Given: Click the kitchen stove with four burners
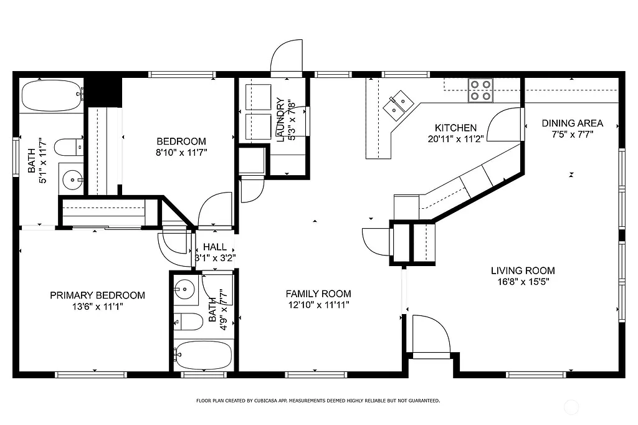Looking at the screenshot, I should (x=480, y=90).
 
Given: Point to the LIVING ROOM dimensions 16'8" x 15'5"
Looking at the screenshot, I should (x=523, y=282).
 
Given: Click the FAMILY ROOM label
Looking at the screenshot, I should (x=318, y=294).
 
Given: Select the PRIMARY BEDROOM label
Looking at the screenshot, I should (x=97, y=295).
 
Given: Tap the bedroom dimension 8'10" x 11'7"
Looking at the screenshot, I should (x=181, y=152).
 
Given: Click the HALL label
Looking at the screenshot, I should (x=214, y=247).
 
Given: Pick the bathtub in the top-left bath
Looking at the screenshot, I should (x=52, y=95).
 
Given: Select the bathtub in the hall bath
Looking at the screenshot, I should (x=203, y=356).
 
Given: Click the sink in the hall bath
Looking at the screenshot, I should (x=184, y=289).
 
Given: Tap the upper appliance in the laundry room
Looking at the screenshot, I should (x=257, y=97).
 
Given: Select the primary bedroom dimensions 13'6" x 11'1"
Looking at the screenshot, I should (x=97, y=307).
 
